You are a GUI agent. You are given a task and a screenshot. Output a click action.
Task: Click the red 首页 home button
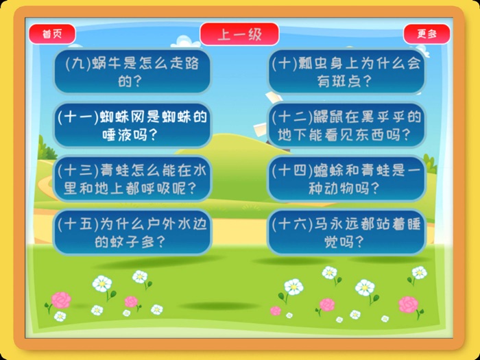point(51,34)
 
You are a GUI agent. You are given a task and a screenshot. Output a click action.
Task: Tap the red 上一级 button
point(239,34)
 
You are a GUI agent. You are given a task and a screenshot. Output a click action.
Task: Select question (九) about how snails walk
point(132,71)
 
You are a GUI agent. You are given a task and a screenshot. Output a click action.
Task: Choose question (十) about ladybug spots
point(346,71)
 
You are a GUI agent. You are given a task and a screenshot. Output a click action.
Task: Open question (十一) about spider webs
point(132,125)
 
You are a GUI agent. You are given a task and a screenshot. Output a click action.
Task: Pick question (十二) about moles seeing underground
point(346,125)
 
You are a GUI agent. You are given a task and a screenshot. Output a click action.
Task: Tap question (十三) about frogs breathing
point(132,178)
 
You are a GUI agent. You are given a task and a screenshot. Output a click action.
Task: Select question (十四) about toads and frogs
point(346,178)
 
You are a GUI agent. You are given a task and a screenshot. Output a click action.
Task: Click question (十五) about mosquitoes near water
point(132,232)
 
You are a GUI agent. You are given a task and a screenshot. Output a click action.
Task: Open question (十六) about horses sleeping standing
point(346,232)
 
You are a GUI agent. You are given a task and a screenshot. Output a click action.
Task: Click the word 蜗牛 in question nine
point(101,63)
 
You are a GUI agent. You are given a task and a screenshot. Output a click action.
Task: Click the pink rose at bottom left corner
point(61,300)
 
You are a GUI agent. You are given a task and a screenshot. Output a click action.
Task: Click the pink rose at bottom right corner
point(409,304)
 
